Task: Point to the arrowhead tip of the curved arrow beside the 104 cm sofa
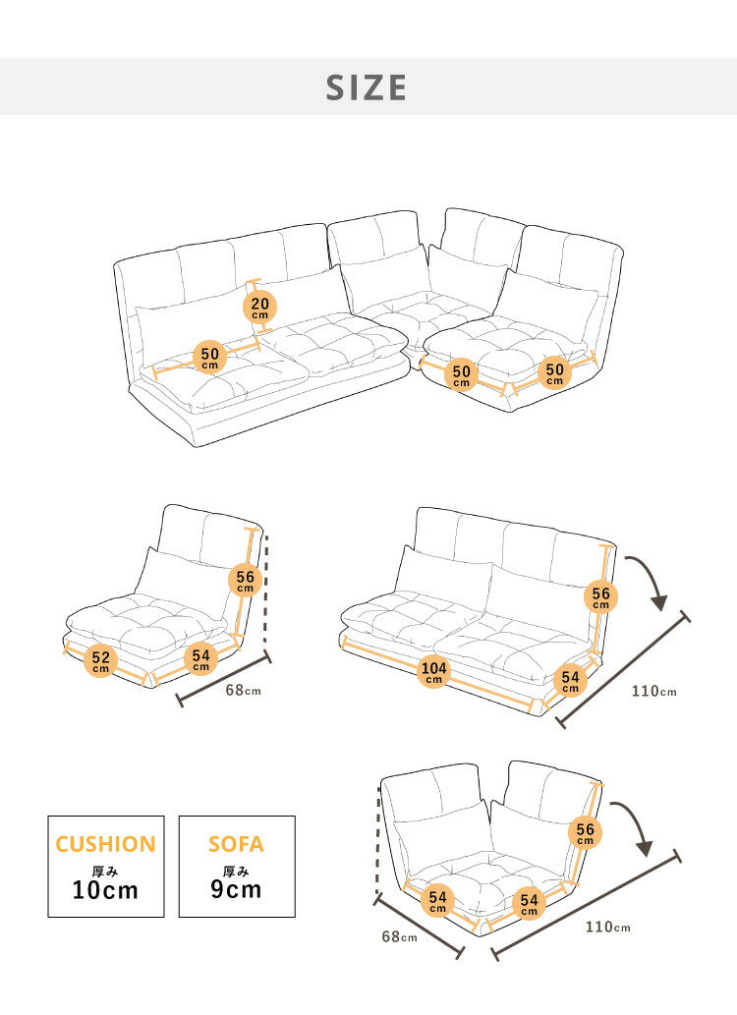(660, 610)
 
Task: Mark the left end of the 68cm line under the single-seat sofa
(180, 700)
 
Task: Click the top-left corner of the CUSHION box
(48, 816)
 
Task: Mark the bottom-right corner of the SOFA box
(296, 918)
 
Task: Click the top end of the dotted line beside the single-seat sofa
(265, 536)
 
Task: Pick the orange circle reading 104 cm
(434, 671)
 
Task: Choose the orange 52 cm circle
(101, 660)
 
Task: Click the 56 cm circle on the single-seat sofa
(246, 580)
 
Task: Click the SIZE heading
(367, 88)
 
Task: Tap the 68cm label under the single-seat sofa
(244, 690)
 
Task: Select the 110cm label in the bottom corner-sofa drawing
(608, 927)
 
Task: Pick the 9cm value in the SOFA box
(236, 889)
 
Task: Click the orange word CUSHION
(105, 844)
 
